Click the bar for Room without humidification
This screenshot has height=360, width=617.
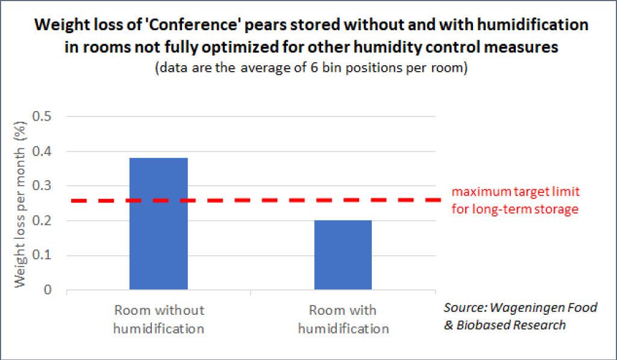pos(158,224)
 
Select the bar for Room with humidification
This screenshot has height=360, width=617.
pos(343,255)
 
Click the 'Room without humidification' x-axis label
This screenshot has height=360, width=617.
pos(159,320)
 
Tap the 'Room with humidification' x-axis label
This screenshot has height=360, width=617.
pos(343,320)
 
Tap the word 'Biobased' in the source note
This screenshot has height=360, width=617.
pos(483,325)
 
